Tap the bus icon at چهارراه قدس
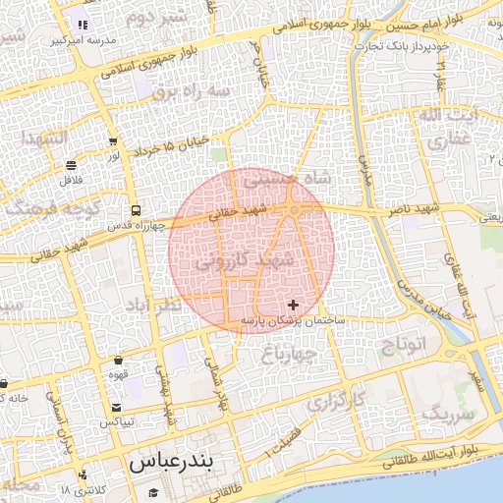pyautogui.click(x=135, y=210)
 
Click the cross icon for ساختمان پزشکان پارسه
pyautogui.click(x=292, y=306)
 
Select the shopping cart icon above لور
pyautogui.click(x=113, y=141)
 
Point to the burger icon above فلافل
pyautogui.click(x=72, y=166)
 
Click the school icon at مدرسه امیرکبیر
pyautogui.click(x=82, y=25)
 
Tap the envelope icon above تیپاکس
pyautogui.click(x=117, y=408)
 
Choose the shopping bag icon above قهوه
pyautogui.click(x=118, y=361)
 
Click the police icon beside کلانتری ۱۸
pyautogui.click(x=82, y=475)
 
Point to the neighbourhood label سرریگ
pyautogui.click(x=447, y=414)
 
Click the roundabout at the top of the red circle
pyautogui.click(x=295, y=210)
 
